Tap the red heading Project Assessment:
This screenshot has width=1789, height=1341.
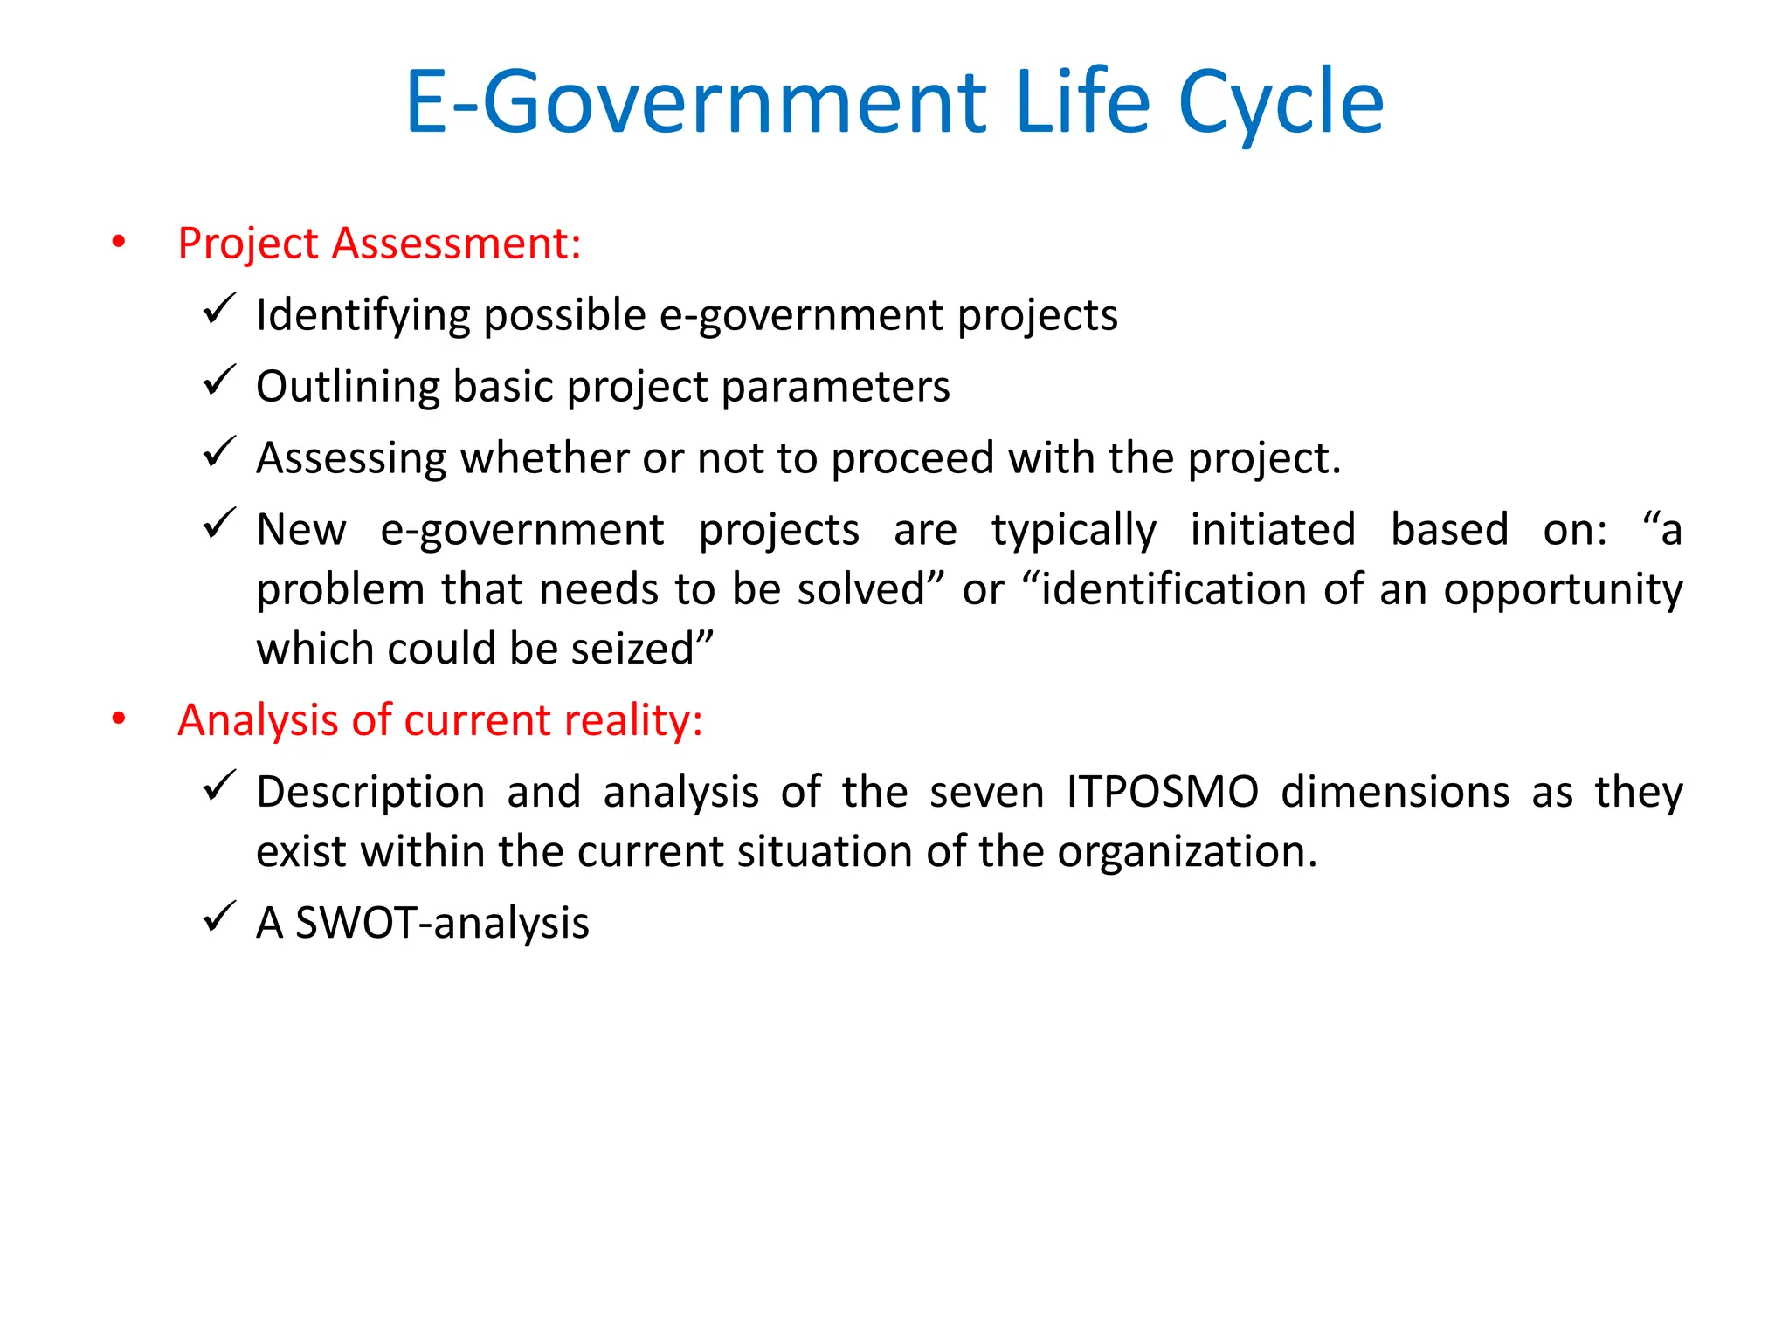point(379,244)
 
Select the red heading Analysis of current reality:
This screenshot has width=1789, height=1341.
point(440,721)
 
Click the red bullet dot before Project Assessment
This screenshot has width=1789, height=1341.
point(119,242)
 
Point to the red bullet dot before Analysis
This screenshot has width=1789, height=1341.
point(119,719)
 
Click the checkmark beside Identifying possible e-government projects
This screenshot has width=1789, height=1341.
point(218,310)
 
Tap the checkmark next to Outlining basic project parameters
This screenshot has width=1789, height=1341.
point(218,382)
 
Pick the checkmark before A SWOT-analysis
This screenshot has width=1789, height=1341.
point(218,918)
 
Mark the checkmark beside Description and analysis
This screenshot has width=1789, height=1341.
point(218,787)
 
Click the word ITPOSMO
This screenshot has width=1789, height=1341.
point(1162,793)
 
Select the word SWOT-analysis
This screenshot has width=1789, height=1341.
point(442,924)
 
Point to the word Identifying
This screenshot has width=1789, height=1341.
point(363,315)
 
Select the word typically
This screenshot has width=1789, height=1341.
point(1074,531)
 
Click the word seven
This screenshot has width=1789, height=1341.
point(986,793)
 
